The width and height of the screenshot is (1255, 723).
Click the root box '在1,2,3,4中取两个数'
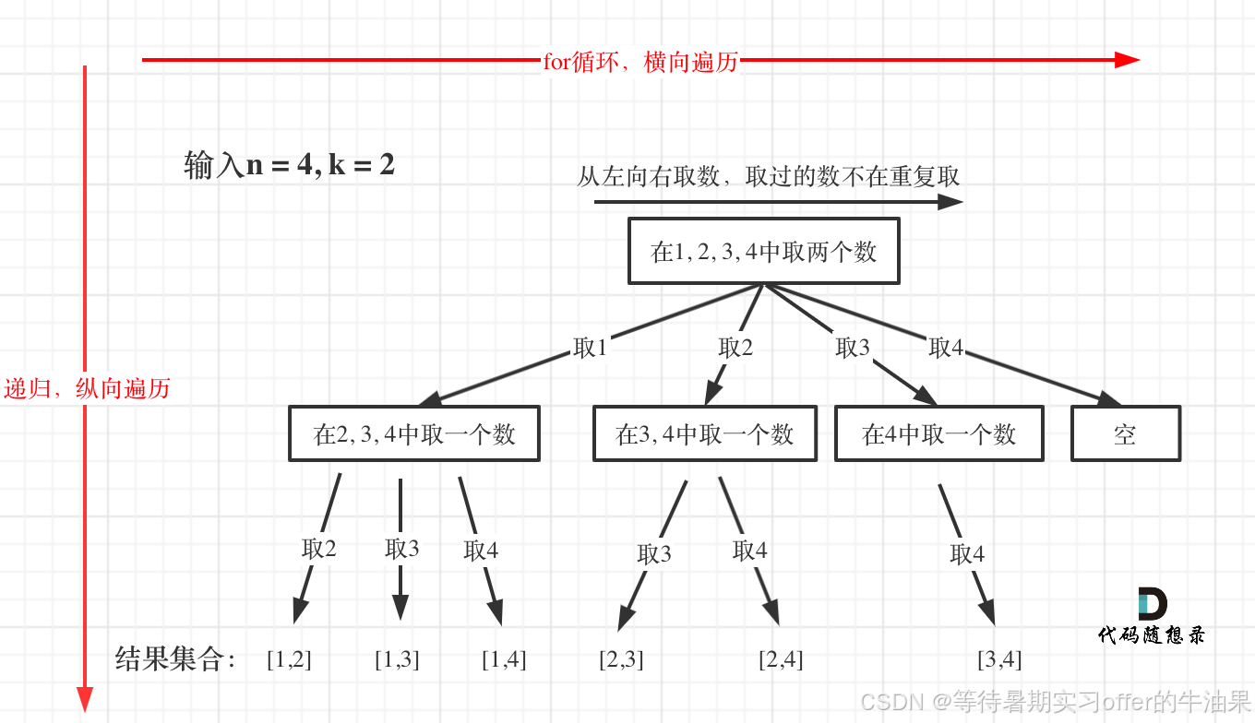click(763, 251)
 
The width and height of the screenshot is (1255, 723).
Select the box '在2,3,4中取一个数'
click(413, 434)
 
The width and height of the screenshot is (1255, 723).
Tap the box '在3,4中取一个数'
click(704, 434)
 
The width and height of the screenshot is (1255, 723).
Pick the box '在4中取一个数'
click(938, 434)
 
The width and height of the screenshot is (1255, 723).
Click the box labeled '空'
click(1125, 434)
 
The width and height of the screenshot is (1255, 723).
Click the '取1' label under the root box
click(590, 348)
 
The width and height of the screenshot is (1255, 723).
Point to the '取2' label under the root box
click(735, 348)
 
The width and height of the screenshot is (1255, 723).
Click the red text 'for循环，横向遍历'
click(640, 62)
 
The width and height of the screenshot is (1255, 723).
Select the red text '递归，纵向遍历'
click(87, 388)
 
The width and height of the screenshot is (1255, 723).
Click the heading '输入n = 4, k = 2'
click(289, 166)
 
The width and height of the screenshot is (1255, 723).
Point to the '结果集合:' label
click(175, 658)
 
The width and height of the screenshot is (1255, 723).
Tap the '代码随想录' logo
click(1152, 616)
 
